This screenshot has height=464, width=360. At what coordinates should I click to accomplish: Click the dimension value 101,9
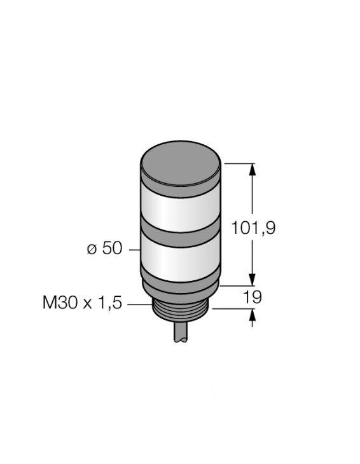click(253, 228)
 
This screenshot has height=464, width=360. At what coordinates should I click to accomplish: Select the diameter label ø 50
click(104, 249)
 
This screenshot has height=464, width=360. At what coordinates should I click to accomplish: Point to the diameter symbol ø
click(91, 249)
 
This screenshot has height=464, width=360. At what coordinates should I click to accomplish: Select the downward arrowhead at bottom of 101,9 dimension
click(253, 280)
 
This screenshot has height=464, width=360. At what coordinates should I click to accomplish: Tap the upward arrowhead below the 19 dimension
click(253, 315)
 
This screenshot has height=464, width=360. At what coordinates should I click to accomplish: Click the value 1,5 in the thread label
click(108, 303)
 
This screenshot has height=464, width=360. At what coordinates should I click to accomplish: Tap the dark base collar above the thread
click(182, 284)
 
